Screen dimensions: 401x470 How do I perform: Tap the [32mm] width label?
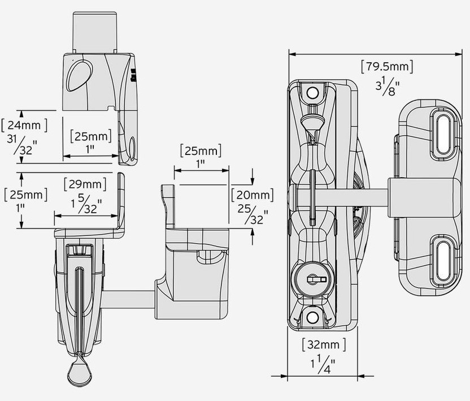pos(324,344)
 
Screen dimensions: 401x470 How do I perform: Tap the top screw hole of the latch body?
pos(311,92)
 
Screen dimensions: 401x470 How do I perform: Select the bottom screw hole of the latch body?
pos(311,319)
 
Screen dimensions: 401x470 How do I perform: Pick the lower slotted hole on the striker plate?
pos(441,257)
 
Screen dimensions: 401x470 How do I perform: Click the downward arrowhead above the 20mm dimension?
pos(252,181)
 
